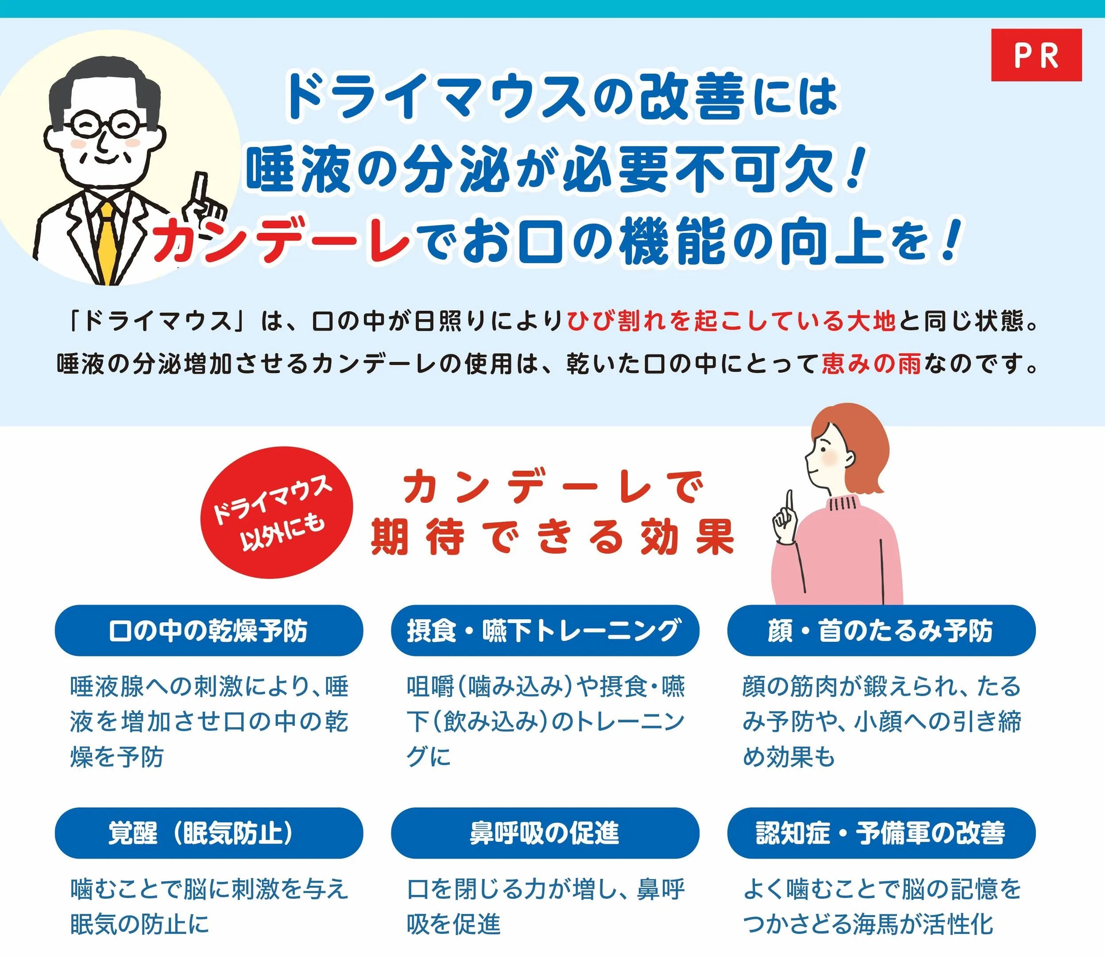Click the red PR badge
tap(1036, 55)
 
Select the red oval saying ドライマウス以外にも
tap(276, 512)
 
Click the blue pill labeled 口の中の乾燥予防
tap(209, 631)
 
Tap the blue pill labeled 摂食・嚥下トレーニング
tap(545, 631)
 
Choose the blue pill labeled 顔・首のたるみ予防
tap(881, 631)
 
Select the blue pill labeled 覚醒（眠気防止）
tap(209, 833)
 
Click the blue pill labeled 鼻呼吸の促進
tap(545, 833)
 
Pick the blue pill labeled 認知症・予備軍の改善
tap(881, 833)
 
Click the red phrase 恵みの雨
tap(871, 364)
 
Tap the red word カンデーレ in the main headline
tap(281, 239)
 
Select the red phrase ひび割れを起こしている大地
tap(731, 321)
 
